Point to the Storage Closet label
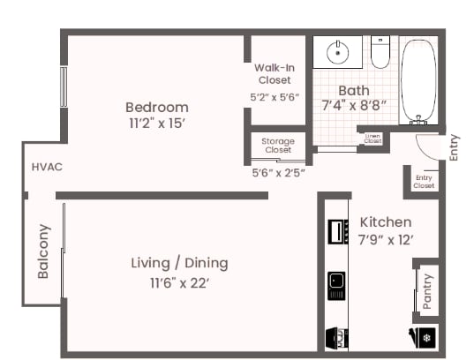pyautogui.click(x=277, y=146)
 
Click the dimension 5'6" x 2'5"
pyautogui.click(x=278, y=172)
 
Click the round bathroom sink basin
pyautogui.click(x=338, y=52)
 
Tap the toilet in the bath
pyautogui.click(x=380, y=53)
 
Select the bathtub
pyautogui.click(x=418, y=79)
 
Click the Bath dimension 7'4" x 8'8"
pyautogui.click(x=353, y=105)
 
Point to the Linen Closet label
pyautogui.click(x=373, y=139)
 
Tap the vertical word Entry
pyautogui.click(x=454, y=146)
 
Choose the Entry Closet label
pyautogui.click(x=424, y=182)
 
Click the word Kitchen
pyautogui.click(x=385, y=222)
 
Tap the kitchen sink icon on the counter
pyautogui.click(x=336, y=281)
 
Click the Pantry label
pyautogui.click(x=427, y=290)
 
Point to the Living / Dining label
pyautogui.click(x=179, y=263)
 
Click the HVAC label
pyautogui.click(x=46, y=167)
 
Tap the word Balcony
pyautogui.click(x=43, y=251)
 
